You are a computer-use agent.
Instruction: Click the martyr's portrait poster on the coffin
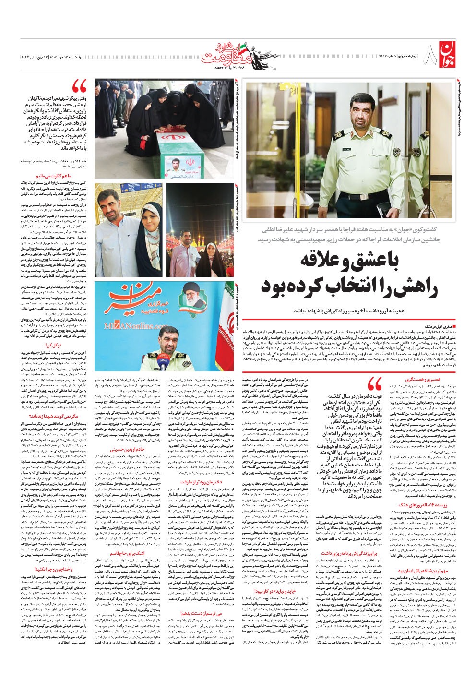[182, 165]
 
